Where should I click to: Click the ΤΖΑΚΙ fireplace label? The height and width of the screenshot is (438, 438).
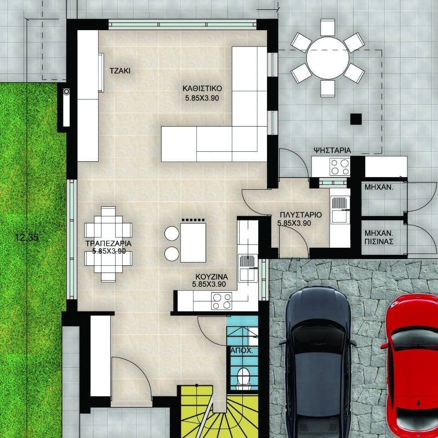pos(120,71)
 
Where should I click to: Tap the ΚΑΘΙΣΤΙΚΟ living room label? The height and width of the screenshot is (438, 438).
pos(202,89)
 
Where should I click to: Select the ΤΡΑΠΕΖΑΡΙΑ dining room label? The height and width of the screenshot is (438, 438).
pos(109,243)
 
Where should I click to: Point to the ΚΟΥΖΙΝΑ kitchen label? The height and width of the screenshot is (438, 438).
pos(212,277)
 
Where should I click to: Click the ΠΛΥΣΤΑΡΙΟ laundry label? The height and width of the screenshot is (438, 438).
pos(301,215)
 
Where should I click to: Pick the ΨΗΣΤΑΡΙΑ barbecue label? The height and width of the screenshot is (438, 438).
pos(332,150)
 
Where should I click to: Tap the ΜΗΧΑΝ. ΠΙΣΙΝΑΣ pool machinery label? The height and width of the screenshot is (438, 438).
pos(379,237)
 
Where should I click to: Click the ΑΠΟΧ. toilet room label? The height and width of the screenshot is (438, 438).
pos(242,351)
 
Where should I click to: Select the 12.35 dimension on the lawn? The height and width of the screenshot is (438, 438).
pos(27,238)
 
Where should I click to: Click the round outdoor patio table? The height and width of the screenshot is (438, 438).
pos(328,58)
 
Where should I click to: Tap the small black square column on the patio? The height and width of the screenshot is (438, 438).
pos(356,119)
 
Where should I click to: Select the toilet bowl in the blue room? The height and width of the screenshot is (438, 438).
pos(243,378)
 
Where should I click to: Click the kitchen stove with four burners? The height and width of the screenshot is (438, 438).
pos(221,301)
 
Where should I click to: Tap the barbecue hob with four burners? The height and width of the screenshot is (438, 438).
pos(339,167)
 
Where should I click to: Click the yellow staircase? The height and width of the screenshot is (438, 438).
pos(218,413)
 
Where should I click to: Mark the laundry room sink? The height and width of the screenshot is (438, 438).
pos(340,209)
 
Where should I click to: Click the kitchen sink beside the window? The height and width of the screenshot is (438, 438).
pos(248,268)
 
